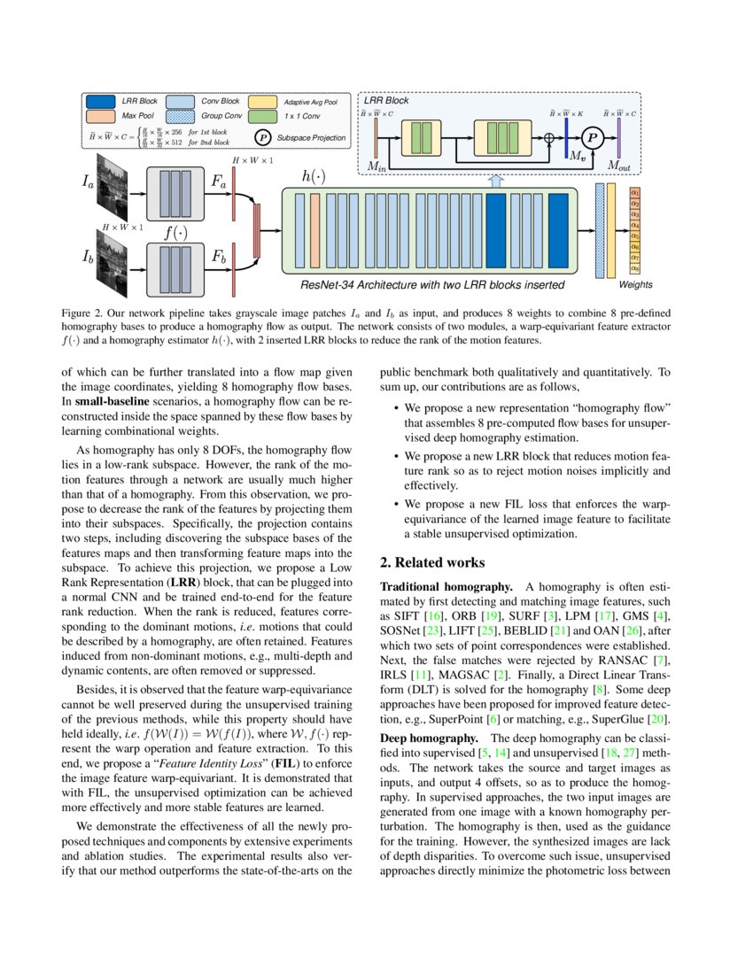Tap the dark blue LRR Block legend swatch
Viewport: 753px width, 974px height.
pyautogui.click(x=101, y=102)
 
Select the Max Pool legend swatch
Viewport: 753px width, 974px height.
pyautogui.click(x=101, y=116)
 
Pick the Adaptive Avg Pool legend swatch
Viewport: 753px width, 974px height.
pyautogui.click(x=262, y=102)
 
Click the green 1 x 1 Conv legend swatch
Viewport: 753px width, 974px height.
pyautogui.click(x=262, y=116)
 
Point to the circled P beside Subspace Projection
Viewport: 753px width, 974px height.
pyautogui.click(x=263, y=138)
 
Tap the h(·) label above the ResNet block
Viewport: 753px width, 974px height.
pyautogui.click(x=314, y=176)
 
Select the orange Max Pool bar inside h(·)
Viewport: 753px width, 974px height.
pyautogui.click(x=314, y=229)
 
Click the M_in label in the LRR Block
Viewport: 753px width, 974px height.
pyautogui.click(x=378, y=166)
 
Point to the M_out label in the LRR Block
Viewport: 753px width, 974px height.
pyautogui.click(x=619, y=166)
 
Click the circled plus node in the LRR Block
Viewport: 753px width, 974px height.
pyautogui.click(x=549, y=137)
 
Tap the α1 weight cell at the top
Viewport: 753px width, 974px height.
pyautogui.click(x=634, y=191)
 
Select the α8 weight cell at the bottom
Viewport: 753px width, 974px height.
pyautogui.click(x=634, y=268)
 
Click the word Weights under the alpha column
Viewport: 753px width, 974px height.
pyautogui.click(x=635, y=285)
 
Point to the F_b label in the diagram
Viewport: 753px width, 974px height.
pyautogui.click(x=219, y=257)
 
